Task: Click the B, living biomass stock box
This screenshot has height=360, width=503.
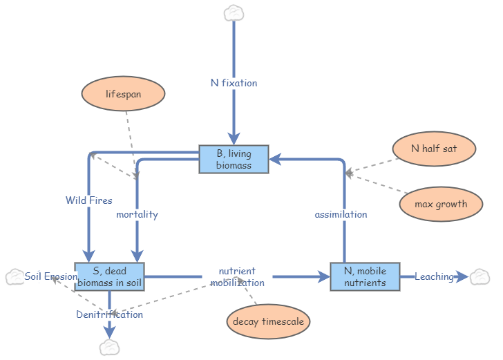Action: [x=234, y=159]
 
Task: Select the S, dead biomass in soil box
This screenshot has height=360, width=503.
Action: [x=109, y=276]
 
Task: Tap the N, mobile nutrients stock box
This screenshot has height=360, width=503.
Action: [x=365, y=276]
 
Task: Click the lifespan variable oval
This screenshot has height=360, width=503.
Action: [x=123, y=94]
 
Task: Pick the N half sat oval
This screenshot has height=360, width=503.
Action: [x=433, y=149]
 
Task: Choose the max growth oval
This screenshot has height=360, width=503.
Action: [x=441, y=204]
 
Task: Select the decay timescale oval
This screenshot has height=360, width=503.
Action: [x=268, y=321]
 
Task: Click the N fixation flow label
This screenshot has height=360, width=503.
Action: [x=234, y=83]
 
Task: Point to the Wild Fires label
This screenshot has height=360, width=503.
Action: [x=89, y=200]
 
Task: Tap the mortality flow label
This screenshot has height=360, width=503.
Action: [x=137, y=214]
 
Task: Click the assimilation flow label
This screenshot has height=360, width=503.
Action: [x=341, y=214]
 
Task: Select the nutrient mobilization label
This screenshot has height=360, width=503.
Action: [x=237, y=276]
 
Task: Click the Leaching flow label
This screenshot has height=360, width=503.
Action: [x=434, y=276]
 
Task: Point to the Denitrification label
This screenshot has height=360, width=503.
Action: [x=109, y=314]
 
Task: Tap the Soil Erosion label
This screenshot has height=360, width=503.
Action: [x=51, y=276]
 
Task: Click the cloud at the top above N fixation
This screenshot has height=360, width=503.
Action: [x=234, y=12]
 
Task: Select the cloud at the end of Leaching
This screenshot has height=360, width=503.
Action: [x=479, y=277]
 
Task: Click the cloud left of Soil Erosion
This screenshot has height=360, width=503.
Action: [x=15, y=277]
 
